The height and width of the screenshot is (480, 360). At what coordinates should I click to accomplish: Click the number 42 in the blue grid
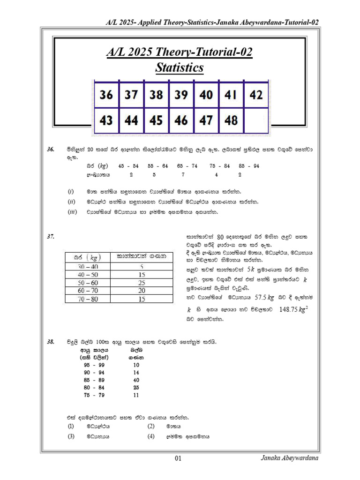256,95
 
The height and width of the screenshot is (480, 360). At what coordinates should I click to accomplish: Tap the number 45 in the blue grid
156,120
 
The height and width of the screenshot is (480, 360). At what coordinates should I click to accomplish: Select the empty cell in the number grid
256,120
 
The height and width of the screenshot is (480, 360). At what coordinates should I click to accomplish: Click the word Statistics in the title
180,68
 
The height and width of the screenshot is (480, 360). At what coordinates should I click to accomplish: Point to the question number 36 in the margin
51,150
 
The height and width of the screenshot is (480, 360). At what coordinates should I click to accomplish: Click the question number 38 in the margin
51,343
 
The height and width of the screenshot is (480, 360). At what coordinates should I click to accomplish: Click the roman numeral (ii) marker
71,202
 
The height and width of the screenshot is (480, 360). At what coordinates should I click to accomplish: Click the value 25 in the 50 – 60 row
141,283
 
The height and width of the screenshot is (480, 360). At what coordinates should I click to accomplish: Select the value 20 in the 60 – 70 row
141,291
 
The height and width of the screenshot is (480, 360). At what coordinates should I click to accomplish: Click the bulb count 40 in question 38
136,380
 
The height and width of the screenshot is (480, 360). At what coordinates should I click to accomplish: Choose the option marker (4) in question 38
150,436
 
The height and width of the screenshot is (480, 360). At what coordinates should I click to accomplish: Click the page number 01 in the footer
178,458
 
